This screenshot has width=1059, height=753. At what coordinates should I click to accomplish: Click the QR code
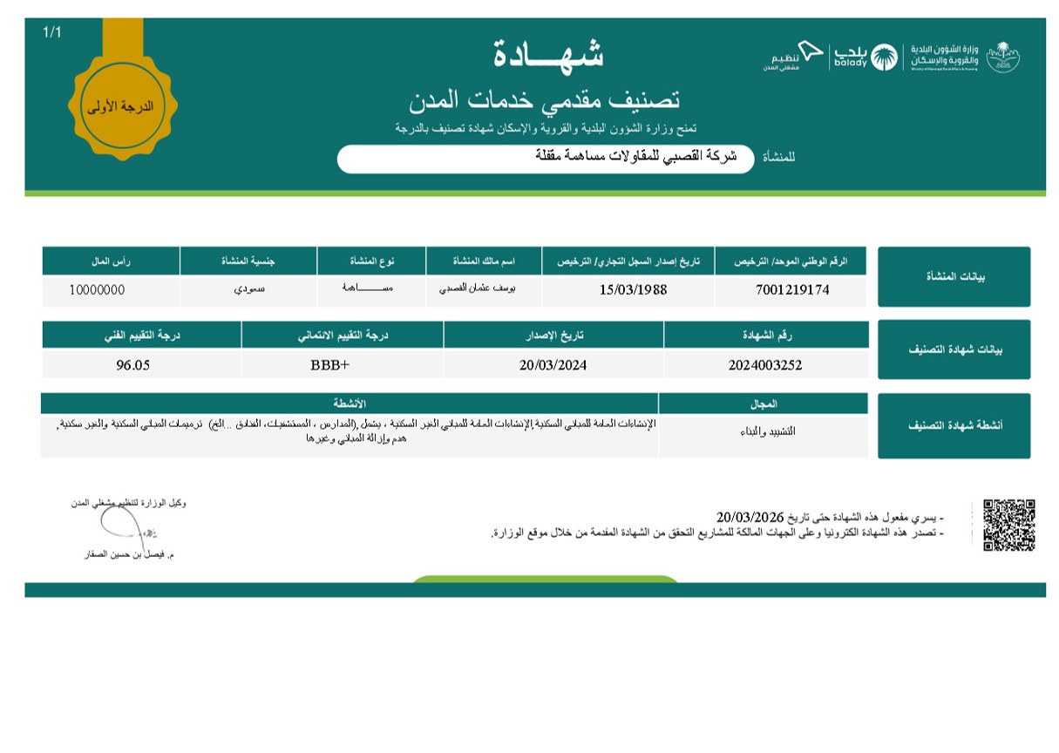point(1008,525)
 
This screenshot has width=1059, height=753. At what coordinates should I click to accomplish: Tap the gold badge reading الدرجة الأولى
point(122,107)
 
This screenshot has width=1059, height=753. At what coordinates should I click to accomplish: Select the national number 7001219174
point(793,290)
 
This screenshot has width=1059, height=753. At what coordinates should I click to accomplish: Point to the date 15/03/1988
point(633,290)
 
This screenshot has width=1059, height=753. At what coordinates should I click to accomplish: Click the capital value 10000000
point(97,290)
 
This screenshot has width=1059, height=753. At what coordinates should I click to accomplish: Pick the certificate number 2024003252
point(765,365)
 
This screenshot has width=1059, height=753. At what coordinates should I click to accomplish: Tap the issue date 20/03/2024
point(553,365)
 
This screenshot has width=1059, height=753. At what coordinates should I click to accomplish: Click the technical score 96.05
point(132,365)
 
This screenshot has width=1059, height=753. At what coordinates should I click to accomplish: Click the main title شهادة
point(548,54)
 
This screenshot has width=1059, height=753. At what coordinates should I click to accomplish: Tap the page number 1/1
point(52,32)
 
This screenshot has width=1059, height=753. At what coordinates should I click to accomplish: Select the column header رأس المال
point(111,261)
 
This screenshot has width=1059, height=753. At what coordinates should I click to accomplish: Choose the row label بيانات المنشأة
point(954,276)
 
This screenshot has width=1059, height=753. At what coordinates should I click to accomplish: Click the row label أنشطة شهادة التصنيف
point(954,425)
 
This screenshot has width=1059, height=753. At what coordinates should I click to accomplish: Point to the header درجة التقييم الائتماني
point(343,335)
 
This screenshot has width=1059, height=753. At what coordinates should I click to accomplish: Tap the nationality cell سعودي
point(248,289)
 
